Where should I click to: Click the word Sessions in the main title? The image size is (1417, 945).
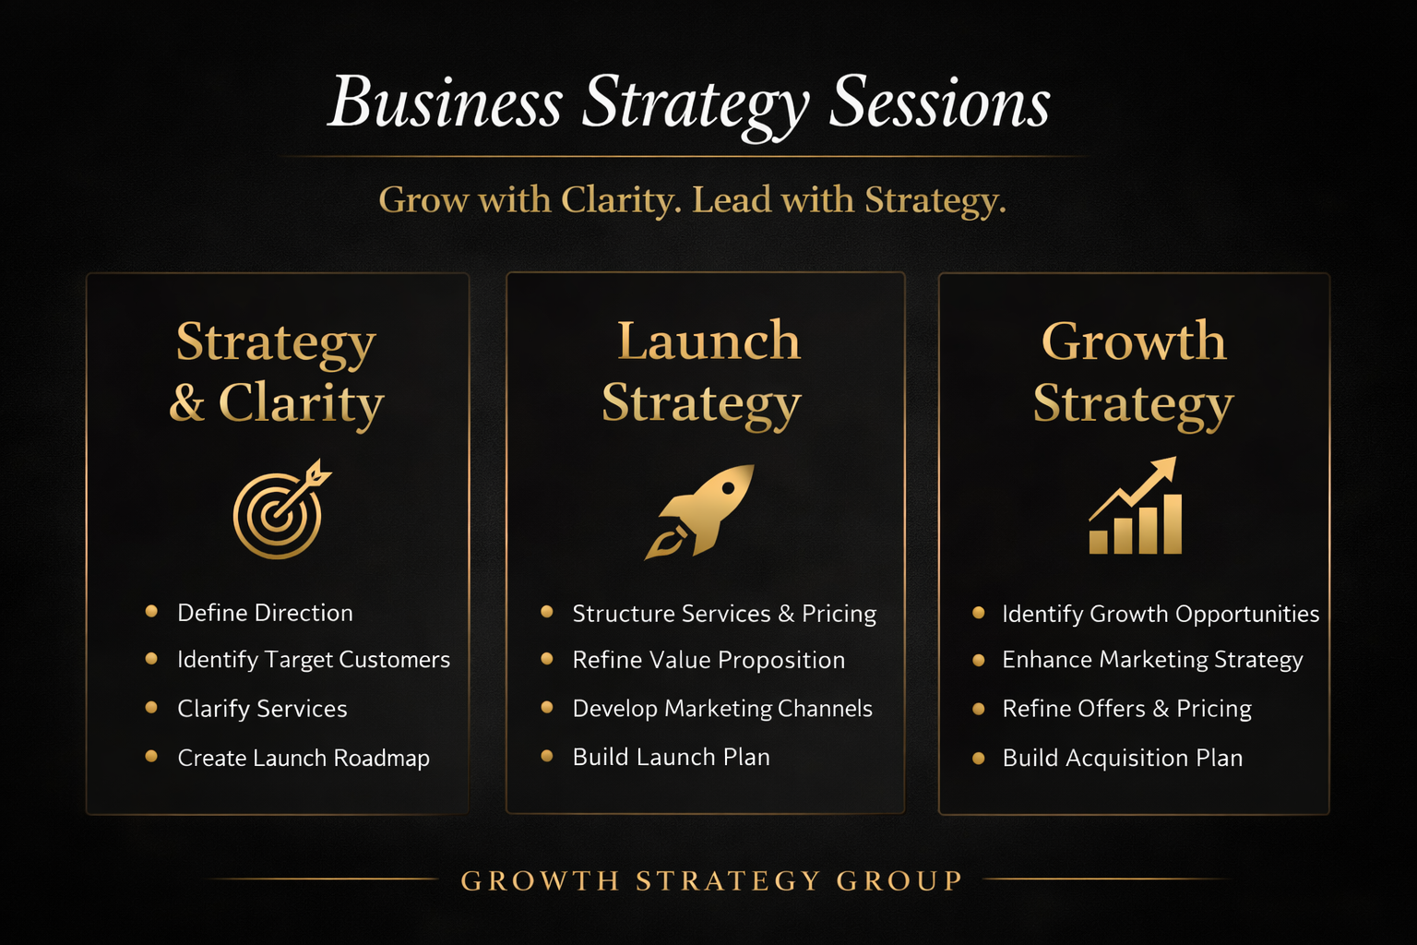939,103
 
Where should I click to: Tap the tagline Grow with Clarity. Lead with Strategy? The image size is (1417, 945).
692,200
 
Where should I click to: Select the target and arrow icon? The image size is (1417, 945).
280,510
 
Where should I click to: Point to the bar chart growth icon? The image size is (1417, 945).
1135,508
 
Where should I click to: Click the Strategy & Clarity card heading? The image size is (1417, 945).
276,373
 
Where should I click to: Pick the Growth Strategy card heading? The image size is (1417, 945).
1134,373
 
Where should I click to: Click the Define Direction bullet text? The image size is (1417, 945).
265,613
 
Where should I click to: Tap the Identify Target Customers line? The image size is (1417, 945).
313,660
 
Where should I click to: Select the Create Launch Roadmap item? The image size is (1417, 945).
303,758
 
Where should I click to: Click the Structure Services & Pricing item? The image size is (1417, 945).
723,614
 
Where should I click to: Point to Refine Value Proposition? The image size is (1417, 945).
708,660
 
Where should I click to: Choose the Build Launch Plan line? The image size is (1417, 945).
671,757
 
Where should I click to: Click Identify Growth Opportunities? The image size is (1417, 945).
1160,614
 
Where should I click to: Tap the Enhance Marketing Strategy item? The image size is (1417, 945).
1152,660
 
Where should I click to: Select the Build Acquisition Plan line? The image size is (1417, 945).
1122,758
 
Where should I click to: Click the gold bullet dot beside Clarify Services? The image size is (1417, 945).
151,708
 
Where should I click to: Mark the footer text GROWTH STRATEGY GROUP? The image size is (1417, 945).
711,881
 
